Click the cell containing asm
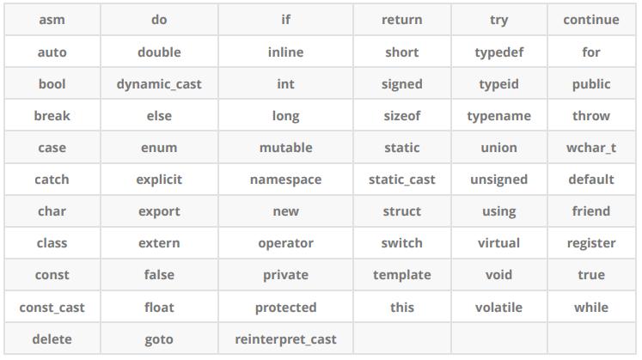point(52,20)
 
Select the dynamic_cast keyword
point(159,84)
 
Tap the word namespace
point(285,180)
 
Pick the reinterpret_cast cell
point(285,339)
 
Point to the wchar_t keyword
point(591,148)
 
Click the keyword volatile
point(498,308)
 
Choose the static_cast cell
point(402,180)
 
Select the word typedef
point(498,52)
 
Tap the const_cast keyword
point(52,308)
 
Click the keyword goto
point(159,339)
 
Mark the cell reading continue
point(591,20)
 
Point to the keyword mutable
point(285,148)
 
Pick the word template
point(402,275)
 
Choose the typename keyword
point(498,116)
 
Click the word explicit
point(159,180)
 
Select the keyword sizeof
point(402,116)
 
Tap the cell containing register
point(591,243)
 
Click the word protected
point(285,308)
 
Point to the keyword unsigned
point(498,180)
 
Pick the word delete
point(52,339)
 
